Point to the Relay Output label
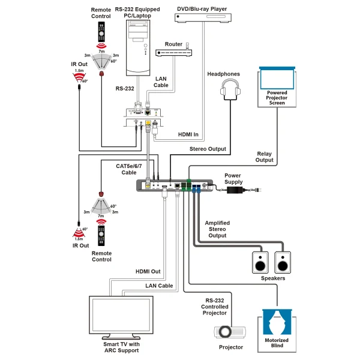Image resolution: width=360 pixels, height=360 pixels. (265, 157)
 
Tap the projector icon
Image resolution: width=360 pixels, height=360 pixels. (229, 331)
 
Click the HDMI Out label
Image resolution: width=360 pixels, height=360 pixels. (148, 272)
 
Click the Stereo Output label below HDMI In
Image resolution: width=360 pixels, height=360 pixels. (208, 148)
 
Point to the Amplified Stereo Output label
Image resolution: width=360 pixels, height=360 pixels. (217, 229)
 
